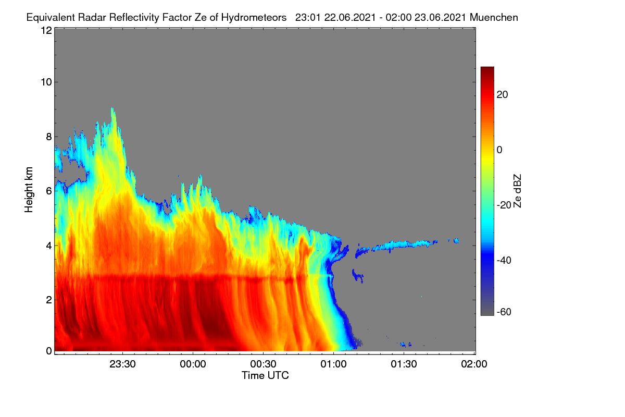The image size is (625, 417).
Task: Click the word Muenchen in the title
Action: [x=494, y=17]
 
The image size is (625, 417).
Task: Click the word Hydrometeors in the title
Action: [x=254, y=17]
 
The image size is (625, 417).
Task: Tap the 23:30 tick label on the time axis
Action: [x=122, y=364]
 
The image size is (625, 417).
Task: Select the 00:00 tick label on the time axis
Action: [x=193, y=364]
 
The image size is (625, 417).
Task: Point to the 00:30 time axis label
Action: [x=263, y=364]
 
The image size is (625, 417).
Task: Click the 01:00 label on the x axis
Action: [x=333, y=364]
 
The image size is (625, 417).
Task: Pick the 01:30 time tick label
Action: [x=404, y=364]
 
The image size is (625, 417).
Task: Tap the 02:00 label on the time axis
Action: [x=474, y=364]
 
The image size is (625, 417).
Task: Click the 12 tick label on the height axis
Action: [x=46, y=30]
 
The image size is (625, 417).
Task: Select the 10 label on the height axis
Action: [x=46, y=82]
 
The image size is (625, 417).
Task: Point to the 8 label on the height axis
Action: [x=49, y=137]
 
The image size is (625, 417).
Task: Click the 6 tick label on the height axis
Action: [x=49, y=191]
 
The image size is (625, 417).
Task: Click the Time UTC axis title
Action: [x=265, y=375]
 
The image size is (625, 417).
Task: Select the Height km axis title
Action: [x=29, y=190]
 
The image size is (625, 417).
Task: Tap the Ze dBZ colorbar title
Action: [x=517, y=191]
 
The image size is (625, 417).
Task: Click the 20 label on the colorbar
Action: [x=502, y=95]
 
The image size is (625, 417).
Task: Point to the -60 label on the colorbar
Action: [x=504, y=312]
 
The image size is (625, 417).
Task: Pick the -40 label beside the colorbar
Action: [x=504, y=260]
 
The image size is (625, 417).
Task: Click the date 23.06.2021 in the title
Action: [x=440, y=17]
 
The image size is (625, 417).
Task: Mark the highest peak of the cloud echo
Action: [x=112, y=108]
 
